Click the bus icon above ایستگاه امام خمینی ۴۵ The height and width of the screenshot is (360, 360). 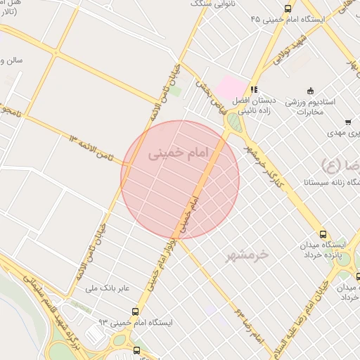point(287,8)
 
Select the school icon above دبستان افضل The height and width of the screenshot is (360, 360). point(254,89)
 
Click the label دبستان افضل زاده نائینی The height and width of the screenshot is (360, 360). point(251,105)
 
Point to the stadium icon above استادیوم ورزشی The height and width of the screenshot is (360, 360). point(310,89)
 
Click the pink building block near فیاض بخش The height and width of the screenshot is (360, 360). point(230,89)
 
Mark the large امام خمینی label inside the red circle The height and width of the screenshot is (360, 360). point(170,152)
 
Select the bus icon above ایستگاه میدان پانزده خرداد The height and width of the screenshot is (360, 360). point(323,233)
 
